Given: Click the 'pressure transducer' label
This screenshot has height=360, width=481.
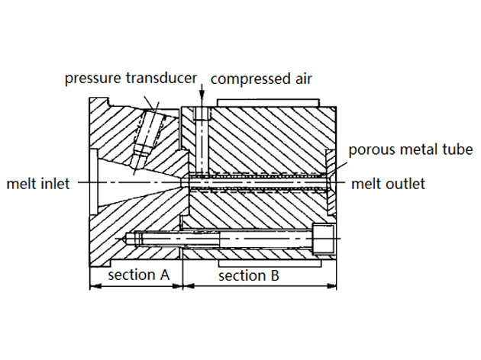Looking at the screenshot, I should click(x=130, y=79).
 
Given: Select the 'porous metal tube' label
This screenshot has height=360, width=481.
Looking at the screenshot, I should click(x=411, y=149).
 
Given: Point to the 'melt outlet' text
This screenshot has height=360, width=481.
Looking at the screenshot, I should click(x=387, y=183).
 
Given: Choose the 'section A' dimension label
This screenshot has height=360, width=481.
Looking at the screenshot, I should click(x=138, y=275).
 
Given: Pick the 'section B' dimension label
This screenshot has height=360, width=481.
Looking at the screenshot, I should click(x=248, y=275).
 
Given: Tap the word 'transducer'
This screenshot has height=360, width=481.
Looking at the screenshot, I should click(x=163, y=79).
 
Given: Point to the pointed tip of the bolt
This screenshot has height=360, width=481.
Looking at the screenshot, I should click(x=122, y=238).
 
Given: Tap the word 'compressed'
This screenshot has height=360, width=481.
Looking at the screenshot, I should click(x=243, y=79).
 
